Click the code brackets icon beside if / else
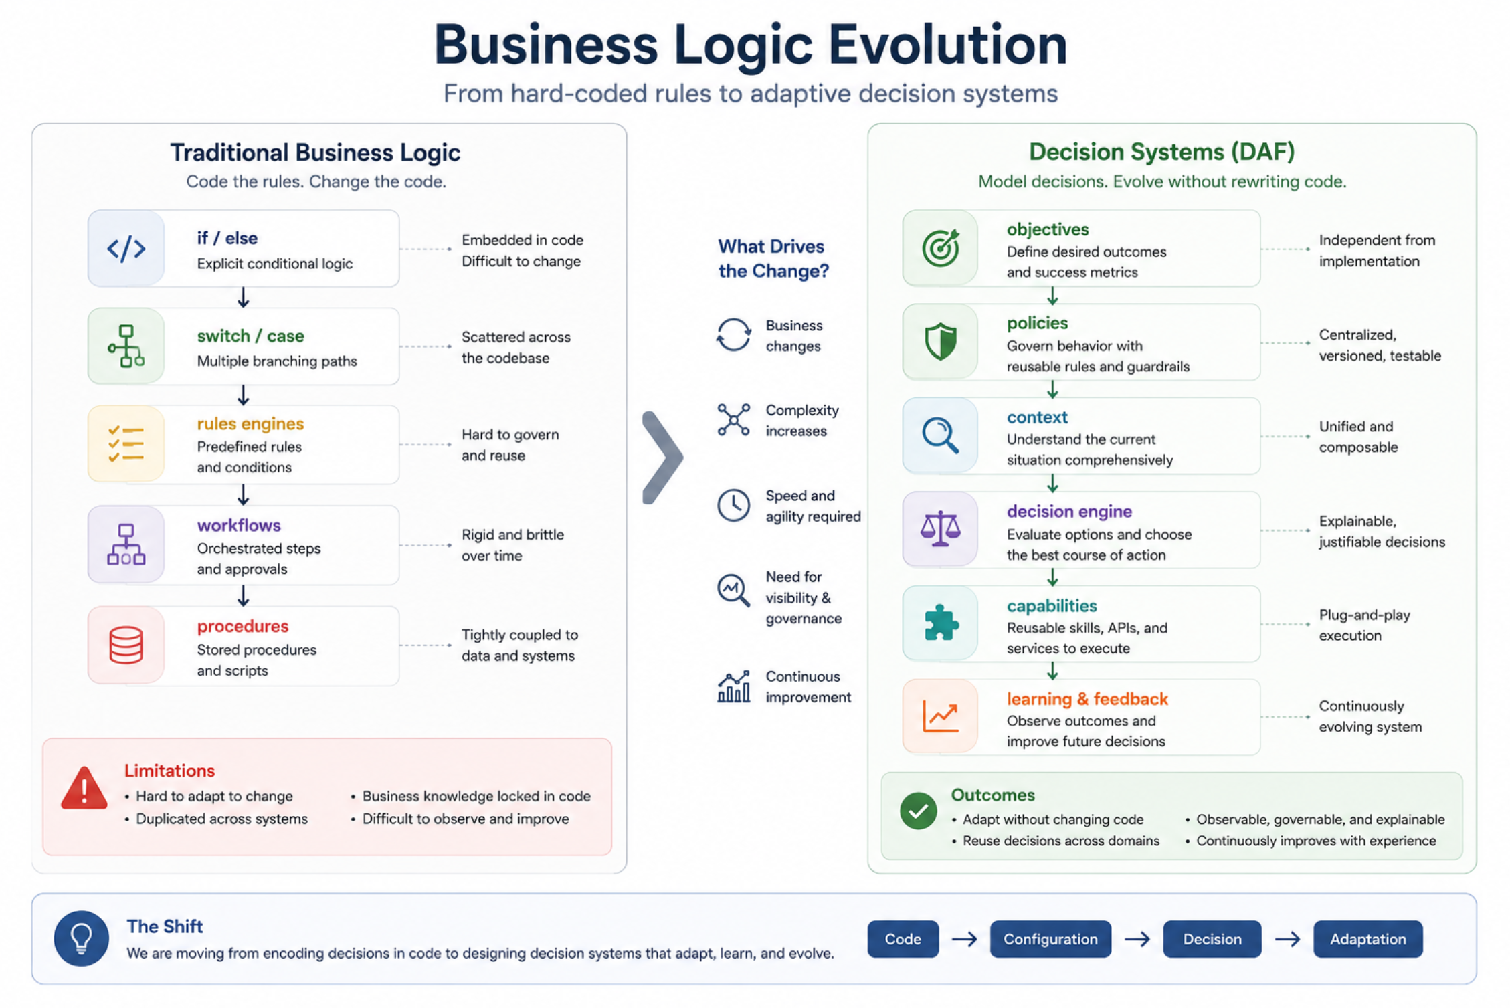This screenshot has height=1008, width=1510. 126,249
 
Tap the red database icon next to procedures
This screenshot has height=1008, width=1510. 126,645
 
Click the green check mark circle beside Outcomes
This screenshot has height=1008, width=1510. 918,811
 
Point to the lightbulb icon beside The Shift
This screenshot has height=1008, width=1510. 82,938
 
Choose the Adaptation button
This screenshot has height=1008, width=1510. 1367,939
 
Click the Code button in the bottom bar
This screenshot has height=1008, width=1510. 903,939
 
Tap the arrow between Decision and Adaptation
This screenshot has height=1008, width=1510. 1287,939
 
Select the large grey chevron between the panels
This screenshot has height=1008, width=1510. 662,458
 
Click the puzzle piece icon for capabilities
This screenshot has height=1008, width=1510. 941,623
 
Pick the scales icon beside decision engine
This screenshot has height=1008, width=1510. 940,529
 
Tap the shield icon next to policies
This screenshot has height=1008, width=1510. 940,342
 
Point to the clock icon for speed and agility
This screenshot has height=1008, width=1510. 734,505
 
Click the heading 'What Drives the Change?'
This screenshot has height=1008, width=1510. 773,259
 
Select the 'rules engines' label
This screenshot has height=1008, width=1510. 250,424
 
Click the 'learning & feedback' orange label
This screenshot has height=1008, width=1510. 1087,699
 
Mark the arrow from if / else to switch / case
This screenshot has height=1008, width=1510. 244,297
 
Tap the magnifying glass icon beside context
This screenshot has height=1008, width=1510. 940,435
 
